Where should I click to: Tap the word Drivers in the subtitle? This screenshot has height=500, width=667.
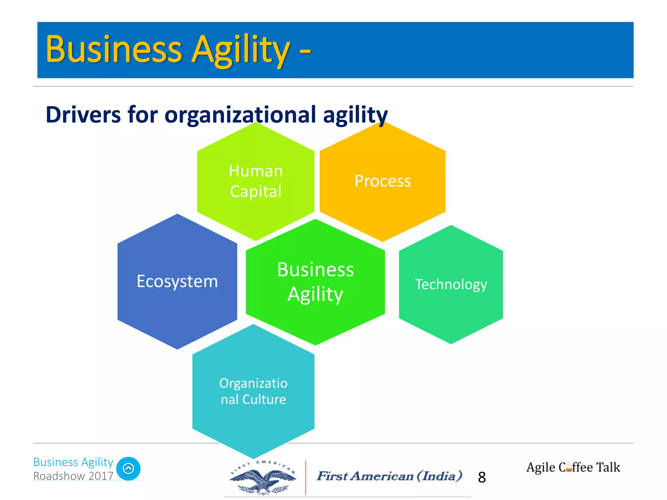[83, 115]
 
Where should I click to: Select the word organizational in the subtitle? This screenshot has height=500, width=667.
[240, 115]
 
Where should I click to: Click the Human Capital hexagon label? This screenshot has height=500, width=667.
[256, 181]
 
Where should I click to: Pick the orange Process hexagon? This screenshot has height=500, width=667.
[383, 181]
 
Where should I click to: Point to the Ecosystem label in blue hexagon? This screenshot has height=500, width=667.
[177, 281]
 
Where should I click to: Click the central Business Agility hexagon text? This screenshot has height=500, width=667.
[315, 282]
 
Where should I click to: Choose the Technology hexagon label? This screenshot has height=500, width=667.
[451, 284]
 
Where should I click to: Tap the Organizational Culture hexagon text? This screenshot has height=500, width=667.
[253, 391]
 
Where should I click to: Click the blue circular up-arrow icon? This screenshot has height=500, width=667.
[128, 469]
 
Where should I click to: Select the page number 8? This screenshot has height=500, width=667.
[482, 477]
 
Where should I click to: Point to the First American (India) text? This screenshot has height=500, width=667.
[390, 476]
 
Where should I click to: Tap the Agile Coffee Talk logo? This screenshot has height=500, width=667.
[573, 467]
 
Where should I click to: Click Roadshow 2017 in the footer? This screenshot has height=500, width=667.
[73, 476]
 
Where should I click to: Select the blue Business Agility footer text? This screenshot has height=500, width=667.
[73, 462]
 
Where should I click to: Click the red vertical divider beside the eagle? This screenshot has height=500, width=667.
[305, 478]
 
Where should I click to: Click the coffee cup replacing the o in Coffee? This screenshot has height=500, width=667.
[569, 467]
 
